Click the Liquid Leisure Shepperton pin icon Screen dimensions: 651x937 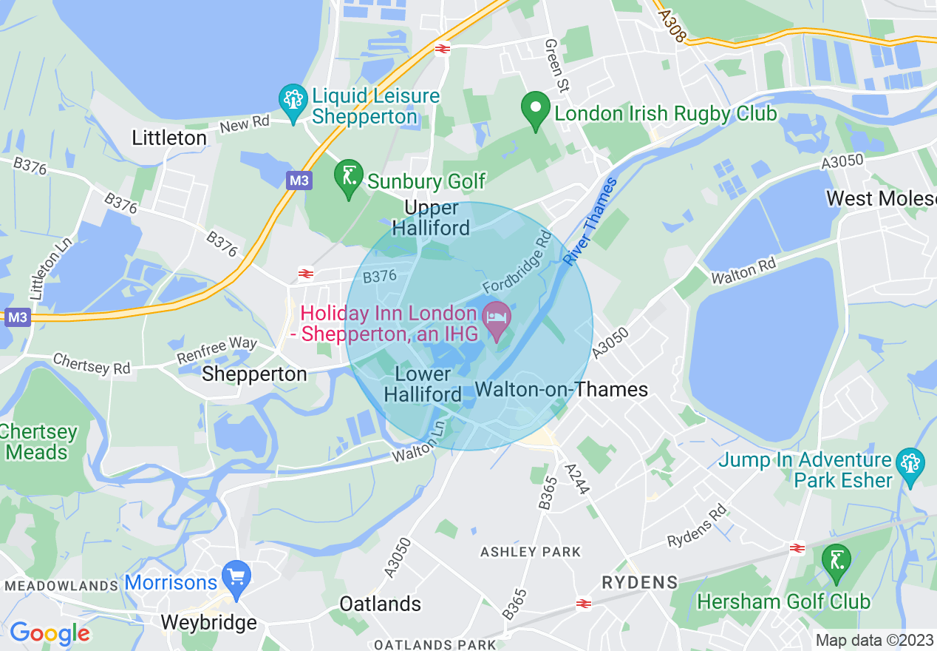coord(293,102)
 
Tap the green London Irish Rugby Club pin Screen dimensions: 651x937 coord(535,111)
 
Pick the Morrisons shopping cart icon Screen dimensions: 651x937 coord(236,579)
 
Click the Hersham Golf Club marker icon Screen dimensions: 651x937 coord(837,562)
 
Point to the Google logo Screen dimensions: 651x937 coord(50,633)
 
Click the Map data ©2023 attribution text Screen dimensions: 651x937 coord(874,640)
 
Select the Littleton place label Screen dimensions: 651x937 coord(169,138)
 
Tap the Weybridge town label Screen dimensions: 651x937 coord(209,622)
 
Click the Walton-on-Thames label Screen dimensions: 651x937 coord(562,390)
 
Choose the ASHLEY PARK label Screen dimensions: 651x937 coord(531,552)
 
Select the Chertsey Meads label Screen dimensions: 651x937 coord(38,442)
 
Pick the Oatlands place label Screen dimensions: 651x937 coord(380,604)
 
